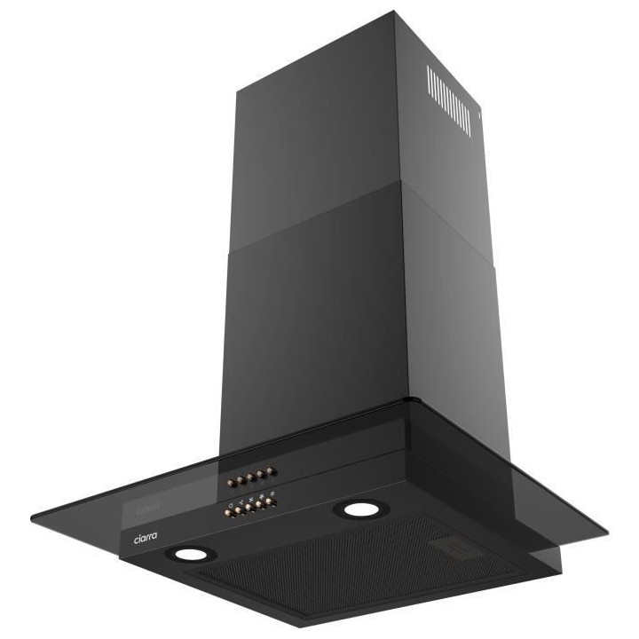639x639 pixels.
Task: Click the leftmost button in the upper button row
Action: (x=231, y=484)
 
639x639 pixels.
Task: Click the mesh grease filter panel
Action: (x=355, y=568)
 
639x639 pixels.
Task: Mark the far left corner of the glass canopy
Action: (x=32, y=518)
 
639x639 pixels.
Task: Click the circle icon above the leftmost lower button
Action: (x=231, y=505)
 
